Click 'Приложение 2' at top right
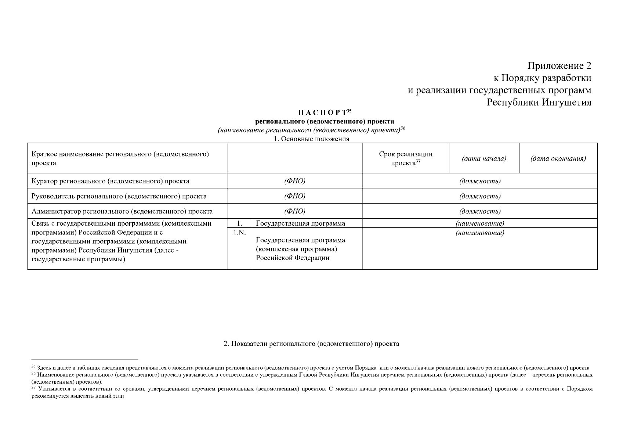tap(559, 66)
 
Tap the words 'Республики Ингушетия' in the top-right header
tap(539, 102)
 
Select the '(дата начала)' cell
tap(483, 159)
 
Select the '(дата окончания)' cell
tap(558, 159)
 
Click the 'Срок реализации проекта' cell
tap(405, 158)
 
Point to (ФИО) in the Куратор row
tap(294, 181)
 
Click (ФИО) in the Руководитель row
tap(294, 196)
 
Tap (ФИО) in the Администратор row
tap(294, 211)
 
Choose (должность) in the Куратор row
tap(479, 181)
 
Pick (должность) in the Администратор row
tap(479, 211)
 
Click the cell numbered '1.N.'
tap(239, 233)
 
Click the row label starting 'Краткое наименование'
tap(120, 158)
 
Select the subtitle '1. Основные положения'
tap(312, 139)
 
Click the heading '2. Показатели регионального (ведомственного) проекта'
tap(311, 344)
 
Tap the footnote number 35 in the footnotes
tap(33, 367)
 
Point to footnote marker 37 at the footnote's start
tap(33, 387)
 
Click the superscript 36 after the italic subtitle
tap(403, 128)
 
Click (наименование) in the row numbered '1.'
tap(479, 223)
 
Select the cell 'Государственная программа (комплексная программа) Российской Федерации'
tap(300, 249)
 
